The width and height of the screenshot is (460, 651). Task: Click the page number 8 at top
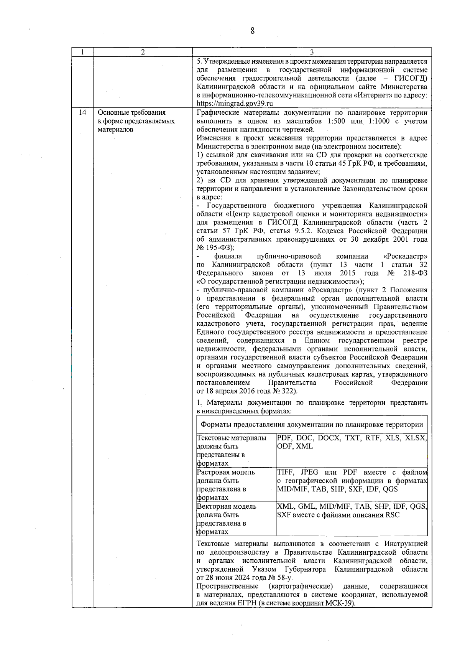click(x=252, y=31)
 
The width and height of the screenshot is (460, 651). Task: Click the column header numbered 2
click(x=143, y=53)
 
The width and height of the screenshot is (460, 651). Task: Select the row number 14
click(x=82, y=112)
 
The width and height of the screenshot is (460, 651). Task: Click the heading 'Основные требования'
click(x=131, y=112)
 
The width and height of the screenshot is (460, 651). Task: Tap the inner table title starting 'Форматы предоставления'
click(x=312, y=425)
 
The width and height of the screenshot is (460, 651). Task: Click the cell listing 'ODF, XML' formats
click(x=295, y=447)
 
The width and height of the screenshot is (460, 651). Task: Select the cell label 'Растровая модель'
click(x=226, y=472)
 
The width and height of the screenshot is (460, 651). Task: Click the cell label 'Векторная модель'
click(x=227, y=506)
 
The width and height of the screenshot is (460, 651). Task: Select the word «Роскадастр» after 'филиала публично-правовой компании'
click(x=405, y=256)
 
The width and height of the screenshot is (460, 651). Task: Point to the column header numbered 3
click(x=311, y=53)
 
